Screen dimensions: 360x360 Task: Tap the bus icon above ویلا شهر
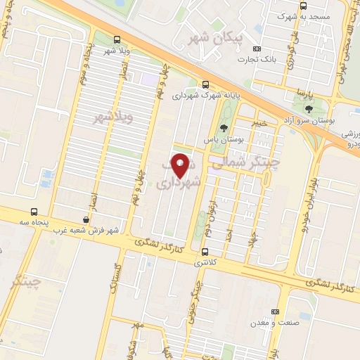(x=117, y=40)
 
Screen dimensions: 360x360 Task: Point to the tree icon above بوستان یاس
(x=224, y=128)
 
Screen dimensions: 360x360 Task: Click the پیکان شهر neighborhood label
(x=218, y=35)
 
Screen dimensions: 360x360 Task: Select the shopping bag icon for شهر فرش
(x=86, y=219)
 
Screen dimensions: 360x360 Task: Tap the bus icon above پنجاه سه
(x=34, y=212)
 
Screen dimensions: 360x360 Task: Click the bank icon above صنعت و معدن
(x=275, y=311)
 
